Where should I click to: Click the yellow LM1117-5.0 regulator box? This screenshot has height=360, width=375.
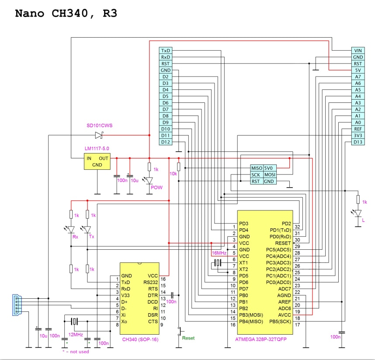(x=97, y=161)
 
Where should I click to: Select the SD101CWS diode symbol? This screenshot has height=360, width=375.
(x=99, y=135)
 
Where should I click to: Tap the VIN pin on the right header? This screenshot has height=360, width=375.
(x=358, y=50)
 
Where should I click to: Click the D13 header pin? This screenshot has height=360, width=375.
(x=358, y=142)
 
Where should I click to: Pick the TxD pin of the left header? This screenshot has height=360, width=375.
(x=166, y=50)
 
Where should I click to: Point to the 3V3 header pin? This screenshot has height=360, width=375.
(x=358, y=136)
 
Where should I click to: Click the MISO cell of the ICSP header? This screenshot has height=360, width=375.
(x=257, y=168)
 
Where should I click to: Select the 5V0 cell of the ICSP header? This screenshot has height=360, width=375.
(x=270, y=168)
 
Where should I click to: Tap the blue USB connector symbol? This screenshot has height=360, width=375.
(x=17, y=305)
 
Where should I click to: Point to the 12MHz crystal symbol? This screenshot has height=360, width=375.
(x=74, y=321)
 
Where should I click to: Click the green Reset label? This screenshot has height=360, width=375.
(x=188, y=338)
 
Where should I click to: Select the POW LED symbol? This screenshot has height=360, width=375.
(x=149, y=180)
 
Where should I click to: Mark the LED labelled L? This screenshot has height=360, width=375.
(x=358, y=213)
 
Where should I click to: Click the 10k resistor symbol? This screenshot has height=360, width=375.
(x=179, y=167)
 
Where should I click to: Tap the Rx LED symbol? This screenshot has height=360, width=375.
(x=70, y=230)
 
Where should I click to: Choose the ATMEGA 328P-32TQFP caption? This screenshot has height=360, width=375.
(x=260, y=339)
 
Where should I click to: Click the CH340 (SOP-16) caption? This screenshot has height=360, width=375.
(x=140, y=339)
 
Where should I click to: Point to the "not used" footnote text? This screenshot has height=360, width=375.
(x=80, y=352)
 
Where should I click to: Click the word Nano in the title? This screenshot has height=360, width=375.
(x=30, y=14)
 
